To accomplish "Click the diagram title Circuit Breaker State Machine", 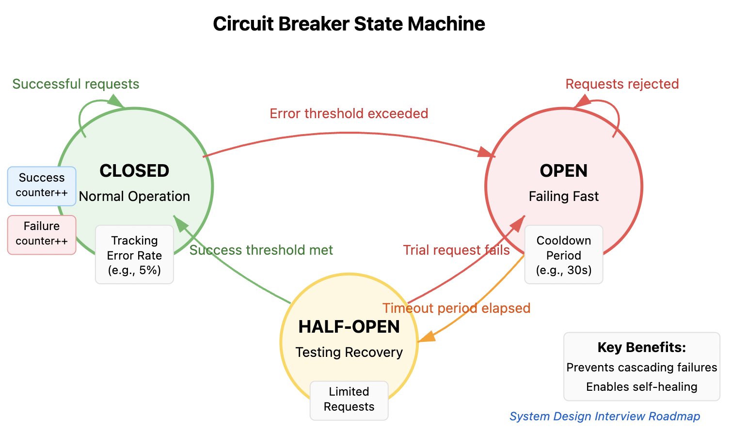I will tap(349, 24).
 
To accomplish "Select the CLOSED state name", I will tap(134, 171).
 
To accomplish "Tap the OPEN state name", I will tap(563, 171).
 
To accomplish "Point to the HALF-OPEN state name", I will tap(349, 327).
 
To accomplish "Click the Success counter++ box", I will tap(42, 185).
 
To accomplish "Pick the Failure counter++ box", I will tap(42, 234).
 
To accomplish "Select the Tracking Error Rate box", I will tap(134, 255).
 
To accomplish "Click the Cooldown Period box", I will tap(563, 255).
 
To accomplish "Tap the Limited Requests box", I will tap(349, 399).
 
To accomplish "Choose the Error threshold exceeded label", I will tap(349, 113).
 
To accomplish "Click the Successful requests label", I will tap(76, 84).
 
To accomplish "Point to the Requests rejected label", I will tap(622, 84).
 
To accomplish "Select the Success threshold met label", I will tap(261, 250).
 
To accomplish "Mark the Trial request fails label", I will tap(456, 250).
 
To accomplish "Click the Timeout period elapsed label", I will tap(456, 308).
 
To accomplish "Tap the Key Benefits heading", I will tap(641, 347).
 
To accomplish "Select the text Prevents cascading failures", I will tap(641, 368).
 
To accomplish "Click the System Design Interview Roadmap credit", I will tap(604, 416).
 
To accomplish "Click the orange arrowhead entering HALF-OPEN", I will tap(425, 338).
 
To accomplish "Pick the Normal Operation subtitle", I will tap(134, 196).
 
